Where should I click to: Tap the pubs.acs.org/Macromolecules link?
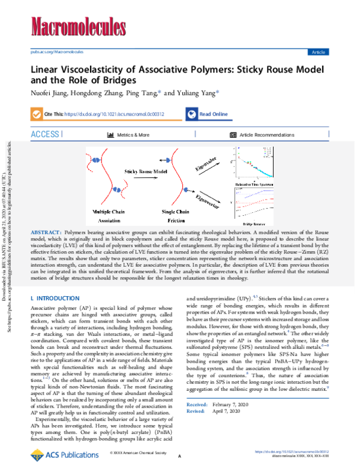57,52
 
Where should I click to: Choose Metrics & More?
132,135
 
